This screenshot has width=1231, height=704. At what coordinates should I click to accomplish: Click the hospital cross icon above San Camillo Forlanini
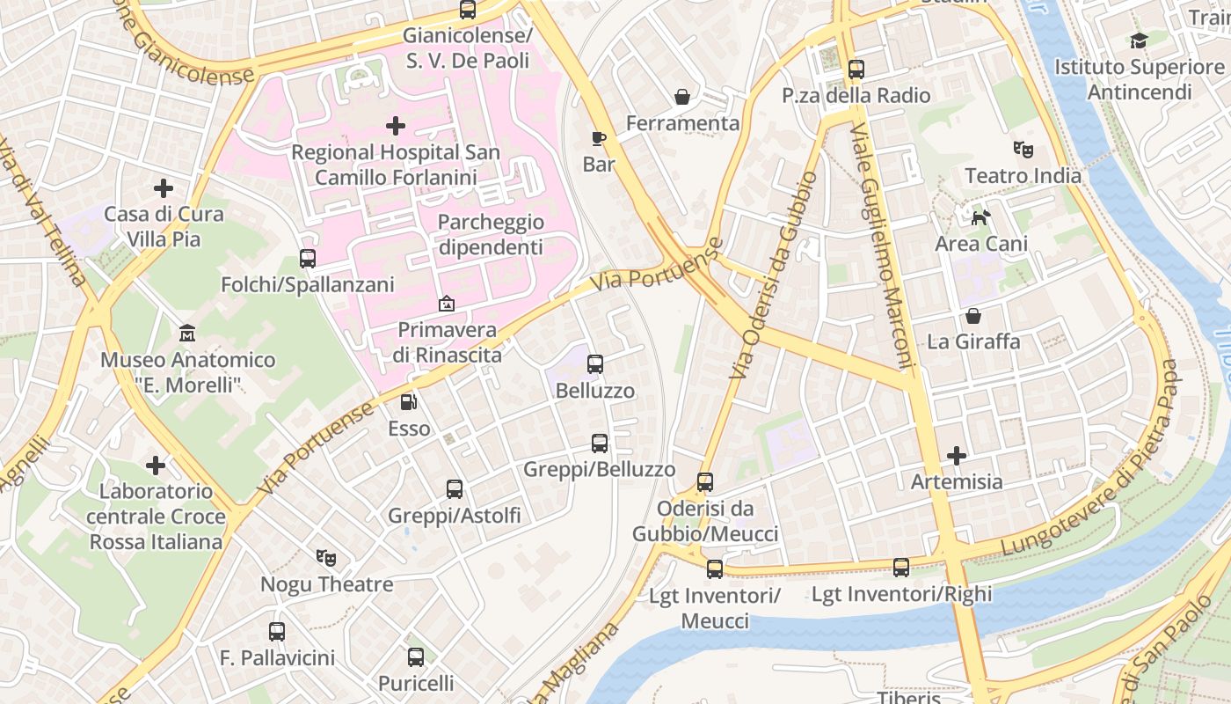[x=396, y=126]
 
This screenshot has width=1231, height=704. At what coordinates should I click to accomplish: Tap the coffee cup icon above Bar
[x=598, y=138]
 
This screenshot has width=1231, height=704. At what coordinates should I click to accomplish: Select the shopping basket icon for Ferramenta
[x=682, y=96]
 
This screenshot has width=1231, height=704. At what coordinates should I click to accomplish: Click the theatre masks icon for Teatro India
[x=1023, y=149]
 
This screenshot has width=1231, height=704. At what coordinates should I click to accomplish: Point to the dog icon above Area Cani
[x=980, y=216]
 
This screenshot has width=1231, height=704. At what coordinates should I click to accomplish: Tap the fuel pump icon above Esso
[x=409, y=402]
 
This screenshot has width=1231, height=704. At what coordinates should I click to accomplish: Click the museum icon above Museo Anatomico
[x=187, y=334]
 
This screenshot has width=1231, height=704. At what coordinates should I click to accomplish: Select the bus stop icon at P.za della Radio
[x=856, y=69]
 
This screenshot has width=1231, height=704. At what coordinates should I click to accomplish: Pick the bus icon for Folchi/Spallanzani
[x=307, y=259]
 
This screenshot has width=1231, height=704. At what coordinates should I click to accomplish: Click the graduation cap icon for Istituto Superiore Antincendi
[x=1139, y=40]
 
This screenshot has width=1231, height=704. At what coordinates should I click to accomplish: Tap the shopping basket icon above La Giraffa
[x=973, y=315]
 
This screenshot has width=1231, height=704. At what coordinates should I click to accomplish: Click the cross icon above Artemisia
[x=957, y=456]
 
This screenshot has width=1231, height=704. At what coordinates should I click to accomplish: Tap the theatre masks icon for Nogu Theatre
[x=326, y=557]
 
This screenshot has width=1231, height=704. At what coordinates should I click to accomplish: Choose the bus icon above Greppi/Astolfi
[x=454, y=489]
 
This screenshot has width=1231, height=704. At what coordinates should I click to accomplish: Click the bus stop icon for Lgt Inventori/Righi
[x=901, y=568]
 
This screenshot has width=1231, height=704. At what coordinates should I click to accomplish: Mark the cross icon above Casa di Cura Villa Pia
[x=164, y=188]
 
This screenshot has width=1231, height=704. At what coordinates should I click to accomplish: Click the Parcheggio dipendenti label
[x=491, y=235]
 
